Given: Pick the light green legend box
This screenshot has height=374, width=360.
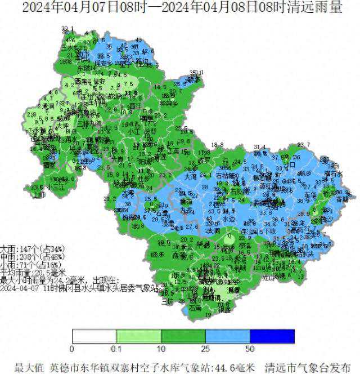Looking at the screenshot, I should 138,336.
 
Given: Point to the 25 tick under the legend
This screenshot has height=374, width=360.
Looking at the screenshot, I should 205,348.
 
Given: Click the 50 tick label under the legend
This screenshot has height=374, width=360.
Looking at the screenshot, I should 250,348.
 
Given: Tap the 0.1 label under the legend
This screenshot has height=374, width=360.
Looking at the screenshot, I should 116,348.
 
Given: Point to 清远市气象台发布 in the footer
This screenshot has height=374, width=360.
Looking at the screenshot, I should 309,367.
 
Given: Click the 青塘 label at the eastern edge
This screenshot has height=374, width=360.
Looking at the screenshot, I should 343,199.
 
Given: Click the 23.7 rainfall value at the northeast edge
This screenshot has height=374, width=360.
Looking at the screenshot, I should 304,145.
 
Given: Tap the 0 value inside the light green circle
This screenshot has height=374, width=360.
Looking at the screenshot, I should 229,237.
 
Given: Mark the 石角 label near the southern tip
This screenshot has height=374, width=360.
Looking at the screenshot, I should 195,309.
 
